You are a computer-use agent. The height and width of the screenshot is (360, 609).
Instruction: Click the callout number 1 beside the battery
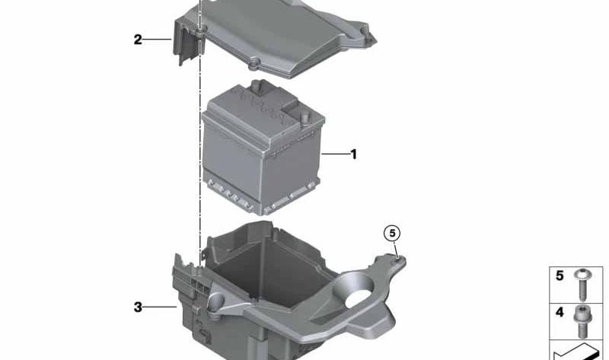pos(353,155)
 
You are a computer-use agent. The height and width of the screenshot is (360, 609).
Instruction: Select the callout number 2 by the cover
pos(138,40)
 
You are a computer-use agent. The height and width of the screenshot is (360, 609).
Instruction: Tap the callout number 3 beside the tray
pos(138,307)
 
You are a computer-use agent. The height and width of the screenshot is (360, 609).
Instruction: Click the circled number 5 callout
pos(392,233)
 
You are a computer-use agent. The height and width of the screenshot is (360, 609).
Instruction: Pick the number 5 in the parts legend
pos(560,276)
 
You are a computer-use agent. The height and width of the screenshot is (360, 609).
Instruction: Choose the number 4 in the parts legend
pos(560,312)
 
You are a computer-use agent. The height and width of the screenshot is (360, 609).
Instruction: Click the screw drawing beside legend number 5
pos(582,285)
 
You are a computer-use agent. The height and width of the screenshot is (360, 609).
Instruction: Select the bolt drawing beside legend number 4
pos(582,321)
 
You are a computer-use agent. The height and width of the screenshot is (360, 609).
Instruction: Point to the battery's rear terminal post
pos(257,86)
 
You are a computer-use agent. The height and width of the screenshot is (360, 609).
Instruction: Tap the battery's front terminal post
pos(305,116)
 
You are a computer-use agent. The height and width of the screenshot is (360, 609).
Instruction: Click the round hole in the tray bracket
pos(358,298)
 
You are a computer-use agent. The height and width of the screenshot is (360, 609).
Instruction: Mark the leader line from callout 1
pos(336,155)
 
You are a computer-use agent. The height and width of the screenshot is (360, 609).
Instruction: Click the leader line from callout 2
pos(158,40)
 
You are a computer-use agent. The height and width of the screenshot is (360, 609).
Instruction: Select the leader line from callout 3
pos(160,307)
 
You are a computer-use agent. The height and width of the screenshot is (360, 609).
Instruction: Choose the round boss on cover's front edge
pos(253,63)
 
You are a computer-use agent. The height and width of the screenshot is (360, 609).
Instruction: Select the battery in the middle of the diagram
pos(263,149)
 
